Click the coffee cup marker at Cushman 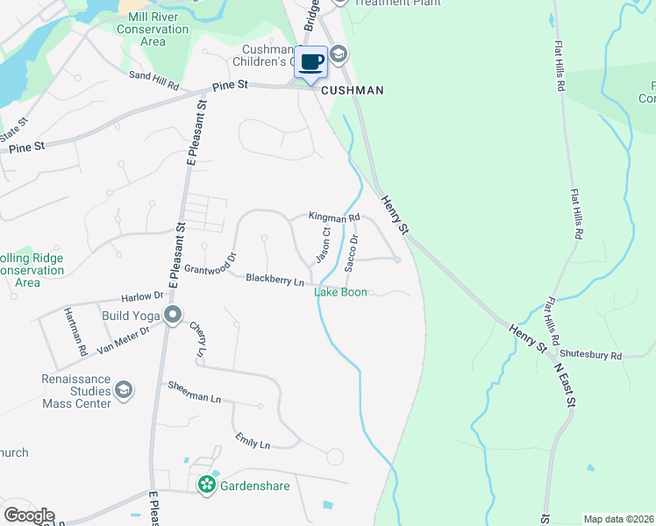[311, 62]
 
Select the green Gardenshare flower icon [207, 484]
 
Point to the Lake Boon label [340, 292]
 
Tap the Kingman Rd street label [334, 217]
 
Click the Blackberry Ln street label [275, 280]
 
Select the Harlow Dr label [144, 296]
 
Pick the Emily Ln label [252, 441]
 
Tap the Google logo [28, 515]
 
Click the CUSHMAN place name [353, 90]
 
